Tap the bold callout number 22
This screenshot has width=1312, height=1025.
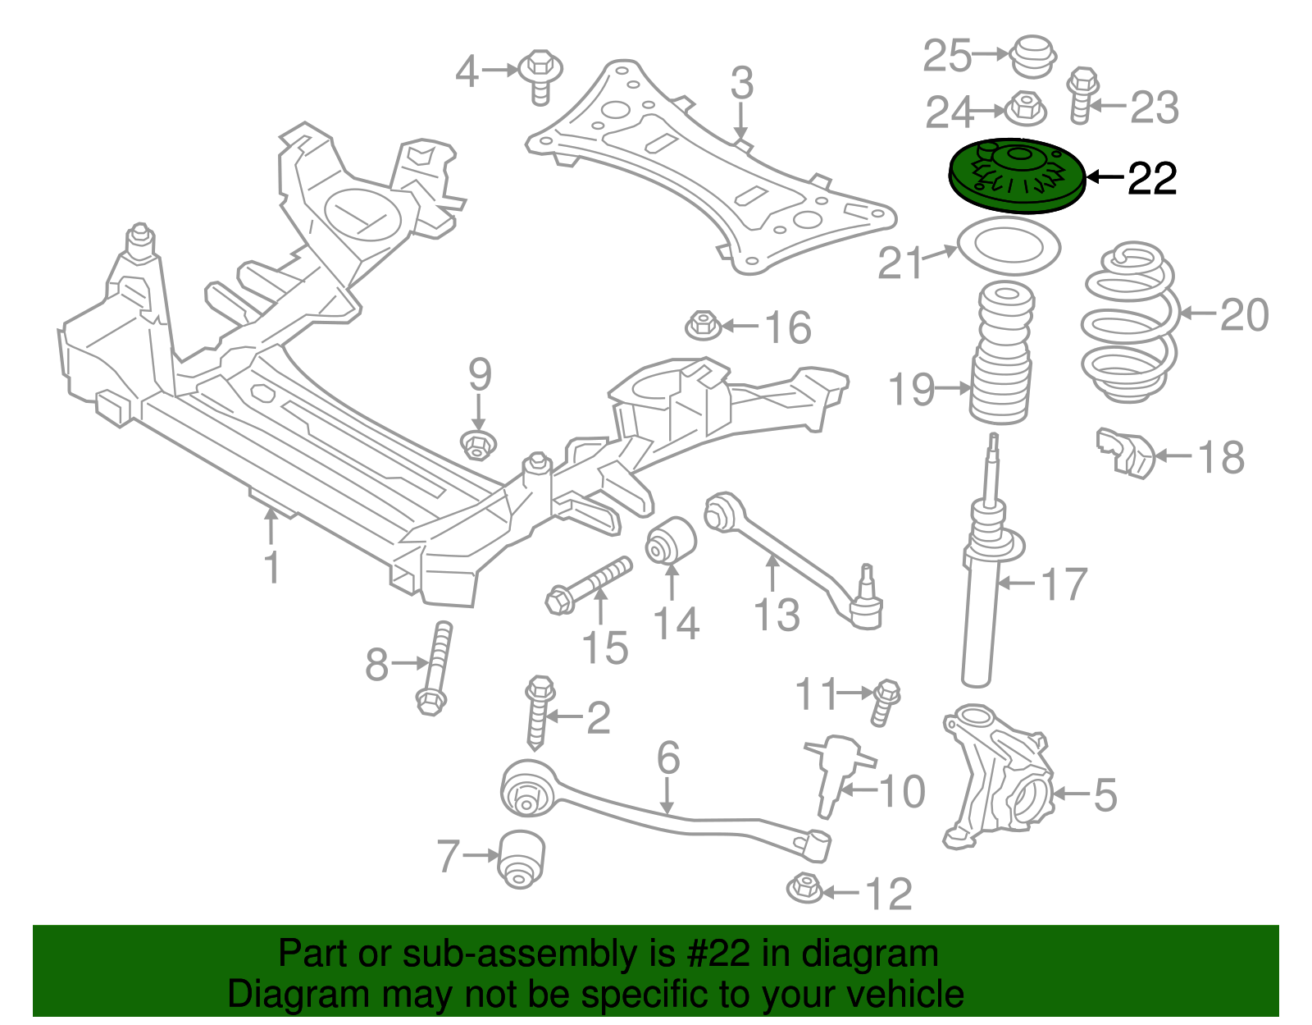1152,178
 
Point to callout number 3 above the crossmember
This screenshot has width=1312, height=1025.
741,84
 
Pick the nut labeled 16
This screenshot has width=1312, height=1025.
703,325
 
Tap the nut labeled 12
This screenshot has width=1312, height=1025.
804,889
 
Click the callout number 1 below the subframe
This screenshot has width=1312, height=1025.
272,567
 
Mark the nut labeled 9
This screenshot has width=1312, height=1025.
477,445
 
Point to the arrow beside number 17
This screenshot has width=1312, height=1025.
1018,583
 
